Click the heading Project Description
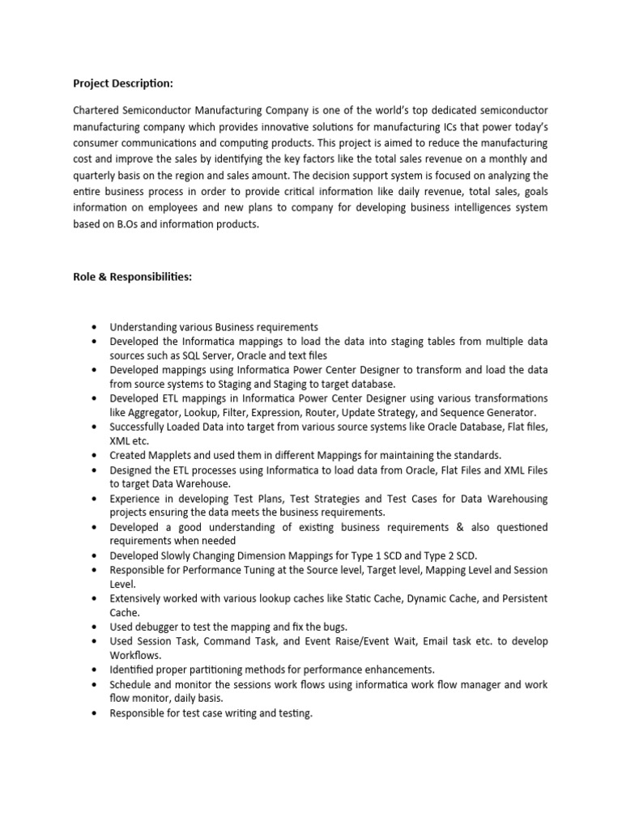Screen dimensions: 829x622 (x=123, y=83)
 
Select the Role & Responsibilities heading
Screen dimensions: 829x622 (x=132, y=277)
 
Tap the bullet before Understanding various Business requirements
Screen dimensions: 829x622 (x=95, y=327)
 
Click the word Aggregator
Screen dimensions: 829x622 (x=156, y=413)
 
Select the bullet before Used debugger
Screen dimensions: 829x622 (x=95, y=627)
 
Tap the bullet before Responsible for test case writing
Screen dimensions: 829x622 (x=95, y=713)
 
